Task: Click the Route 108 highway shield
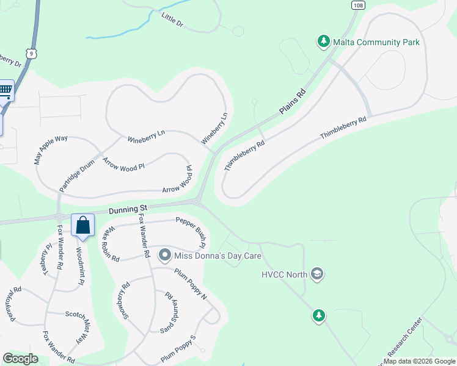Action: click(x=359, y=5)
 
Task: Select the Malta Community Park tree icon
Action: click(x=323, y=41)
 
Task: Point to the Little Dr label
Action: click(x=173, y=21)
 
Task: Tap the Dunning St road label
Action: click(x=129, y=210)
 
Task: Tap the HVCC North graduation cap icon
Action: click(x=316, y=274)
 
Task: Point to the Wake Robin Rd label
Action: click(x=111, y=244)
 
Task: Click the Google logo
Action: click(x=20, y=359)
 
